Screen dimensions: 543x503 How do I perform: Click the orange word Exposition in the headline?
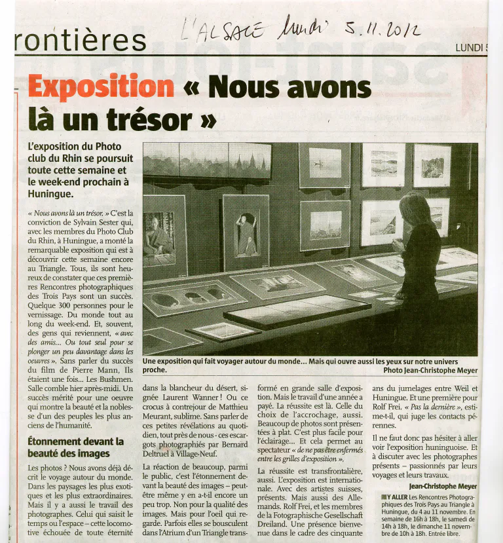101,87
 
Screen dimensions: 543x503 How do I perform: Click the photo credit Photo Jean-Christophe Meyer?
430,369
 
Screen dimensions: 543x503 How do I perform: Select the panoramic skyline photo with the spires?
206,161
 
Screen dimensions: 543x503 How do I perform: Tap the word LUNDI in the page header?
470,47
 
